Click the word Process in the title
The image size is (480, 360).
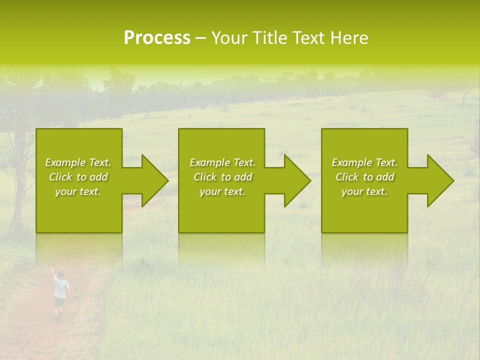157,38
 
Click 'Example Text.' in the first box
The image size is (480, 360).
78,162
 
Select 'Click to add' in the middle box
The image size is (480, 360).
222,177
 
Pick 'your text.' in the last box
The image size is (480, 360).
364,191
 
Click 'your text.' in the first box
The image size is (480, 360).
78,191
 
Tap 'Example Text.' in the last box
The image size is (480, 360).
364,162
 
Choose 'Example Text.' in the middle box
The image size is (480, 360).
222,162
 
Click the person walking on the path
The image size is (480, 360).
60,292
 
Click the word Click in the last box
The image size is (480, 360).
347,177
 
